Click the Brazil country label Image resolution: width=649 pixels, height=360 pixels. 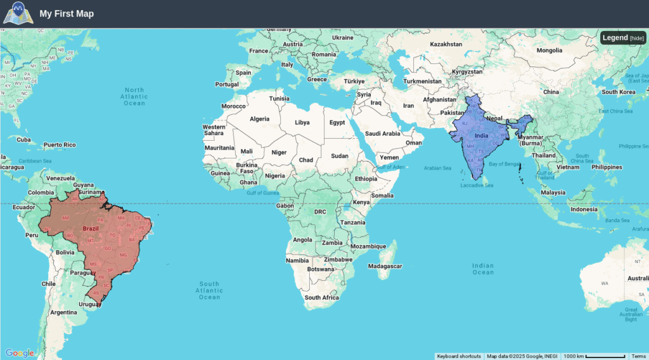tap(91, 229)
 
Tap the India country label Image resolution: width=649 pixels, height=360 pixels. tap(481, 136)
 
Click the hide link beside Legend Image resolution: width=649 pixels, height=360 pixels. tap(637, 38)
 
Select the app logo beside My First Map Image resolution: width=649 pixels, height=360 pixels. tap(16, 13)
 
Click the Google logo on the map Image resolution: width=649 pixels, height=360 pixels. tap(20, 353)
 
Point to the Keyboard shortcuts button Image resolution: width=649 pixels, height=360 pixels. tap(459, 356)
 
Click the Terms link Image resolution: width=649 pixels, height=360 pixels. tap(639, 356)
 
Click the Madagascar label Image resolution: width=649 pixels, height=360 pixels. tap(385, 266)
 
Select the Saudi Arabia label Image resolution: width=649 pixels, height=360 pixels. tap(383, 134)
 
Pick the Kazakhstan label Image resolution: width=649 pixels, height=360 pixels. tap(446, 44)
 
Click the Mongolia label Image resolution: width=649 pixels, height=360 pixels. tap(549, 50)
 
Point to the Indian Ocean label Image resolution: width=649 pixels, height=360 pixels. tap(483, 269)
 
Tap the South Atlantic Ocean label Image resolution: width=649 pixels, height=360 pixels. tap(209, 290)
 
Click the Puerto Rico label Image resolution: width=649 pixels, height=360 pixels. tap(60, 145)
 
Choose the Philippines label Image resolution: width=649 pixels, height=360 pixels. tap(607, 167)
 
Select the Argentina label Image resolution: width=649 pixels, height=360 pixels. tap(63, 312)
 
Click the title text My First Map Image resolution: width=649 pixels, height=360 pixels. tap(67, 14)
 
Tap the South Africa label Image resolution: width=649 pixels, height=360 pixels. tap(322, 297)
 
